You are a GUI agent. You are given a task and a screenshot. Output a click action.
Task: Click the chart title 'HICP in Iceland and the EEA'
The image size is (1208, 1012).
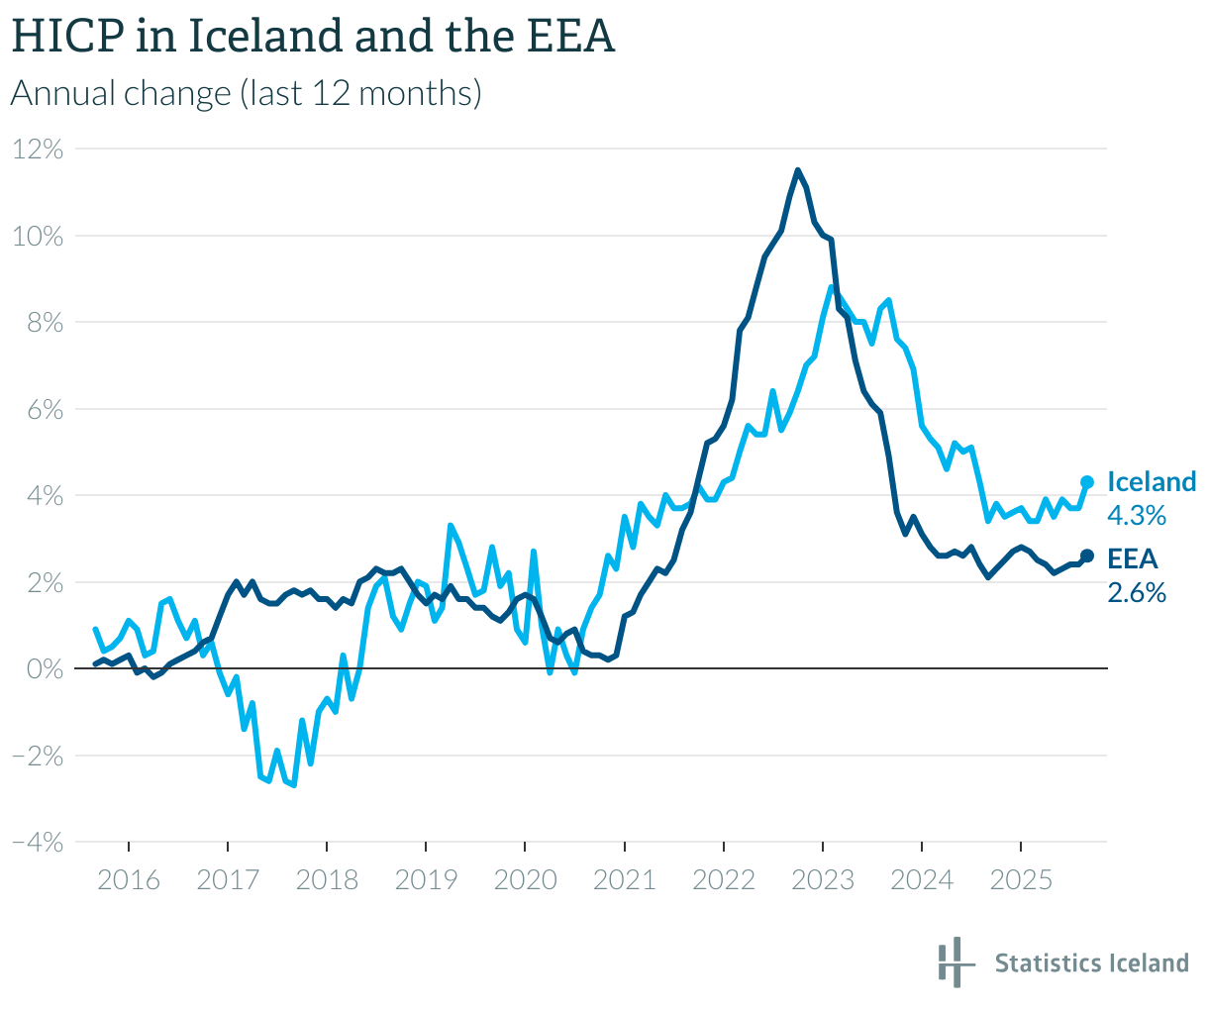point(313,38)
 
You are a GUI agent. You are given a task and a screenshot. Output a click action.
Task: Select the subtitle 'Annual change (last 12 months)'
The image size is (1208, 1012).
point(246,93)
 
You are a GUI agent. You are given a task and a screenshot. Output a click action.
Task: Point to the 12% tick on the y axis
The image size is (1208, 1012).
point(38,150)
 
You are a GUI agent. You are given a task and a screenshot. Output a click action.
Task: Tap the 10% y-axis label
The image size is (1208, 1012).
point(38,236)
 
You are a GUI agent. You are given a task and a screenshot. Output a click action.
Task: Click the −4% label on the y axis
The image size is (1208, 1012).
point(38,842)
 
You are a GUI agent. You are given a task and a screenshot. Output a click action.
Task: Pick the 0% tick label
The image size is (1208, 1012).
point(45,669)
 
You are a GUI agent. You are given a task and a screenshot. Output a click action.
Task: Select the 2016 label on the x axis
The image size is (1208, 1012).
point(129,879)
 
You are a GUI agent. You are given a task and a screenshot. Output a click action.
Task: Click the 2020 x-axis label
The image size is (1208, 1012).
point(525,879)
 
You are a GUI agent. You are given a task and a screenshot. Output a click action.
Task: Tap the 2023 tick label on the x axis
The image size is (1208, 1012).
point(823,879)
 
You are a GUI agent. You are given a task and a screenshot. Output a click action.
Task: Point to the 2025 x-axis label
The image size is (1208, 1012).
point(1021,879)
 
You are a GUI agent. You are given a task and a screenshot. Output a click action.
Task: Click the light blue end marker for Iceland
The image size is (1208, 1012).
point(1086,482)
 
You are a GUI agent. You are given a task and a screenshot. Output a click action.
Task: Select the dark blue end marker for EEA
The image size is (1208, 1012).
point(1086,557)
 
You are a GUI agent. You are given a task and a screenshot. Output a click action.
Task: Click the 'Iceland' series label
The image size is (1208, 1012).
point(1152,482)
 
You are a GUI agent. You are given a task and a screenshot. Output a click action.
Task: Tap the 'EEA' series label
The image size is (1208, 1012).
point(1133,558)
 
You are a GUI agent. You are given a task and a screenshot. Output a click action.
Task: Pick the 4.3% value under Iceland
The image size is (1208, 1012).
point(1136,515)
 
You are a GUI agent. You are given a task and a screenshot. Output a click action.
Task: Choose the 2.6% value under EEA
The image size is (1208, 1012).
point(1136,592)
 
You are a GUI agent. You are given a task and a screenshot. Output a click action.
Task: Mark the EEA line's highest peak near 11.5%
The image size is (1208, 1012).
point(798,170)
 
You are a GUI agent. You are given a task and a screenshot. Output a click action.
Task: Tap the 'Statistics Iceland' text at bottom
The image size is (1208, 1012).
point(1091,962)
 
